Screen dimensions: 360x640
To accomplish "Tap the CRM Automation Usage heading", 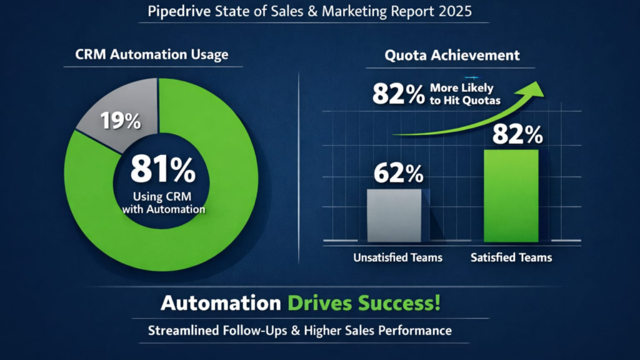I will [x=152, y=54].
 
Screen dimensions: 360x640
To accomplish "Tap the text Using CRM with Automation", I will [x=164, y=203].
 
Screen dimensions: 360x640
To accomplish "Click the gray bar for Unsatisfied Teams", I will [x=394, y=216].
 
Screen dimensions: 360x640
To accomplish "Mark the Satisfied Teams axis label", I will [x=511, y=257].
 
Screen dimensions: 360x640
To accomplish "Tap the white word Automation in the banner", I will [x=220, y=304].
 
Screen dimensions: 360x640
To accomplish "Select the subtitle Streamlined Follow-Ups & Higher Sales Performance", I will [x=299, y=330].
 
